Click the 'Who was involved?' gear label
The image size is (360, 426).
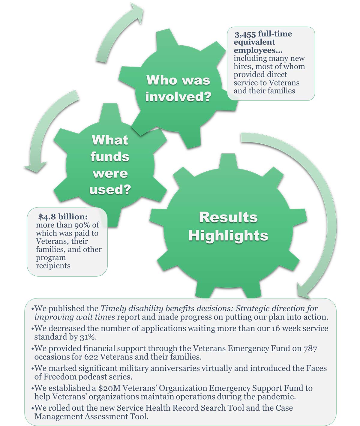tap(178, 88)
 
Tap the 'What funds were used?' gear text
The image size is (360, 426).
tap(110, 165)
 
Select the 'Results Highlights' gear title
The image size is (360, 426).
tap(228, 226)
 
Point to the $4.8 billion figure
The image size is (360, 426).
tap(63, 217)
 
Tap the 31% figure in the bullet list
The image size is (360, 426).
tap(88, 337)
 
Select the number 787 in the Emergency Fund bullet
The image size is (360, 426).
tap(310, 348)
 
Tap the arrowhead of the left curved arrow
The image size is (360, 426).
tap(34, 167)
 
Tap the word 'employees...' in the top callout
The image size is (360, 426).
tap(258, 50)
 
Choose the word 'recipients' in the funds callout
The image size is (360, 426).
tap(53, 266)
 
